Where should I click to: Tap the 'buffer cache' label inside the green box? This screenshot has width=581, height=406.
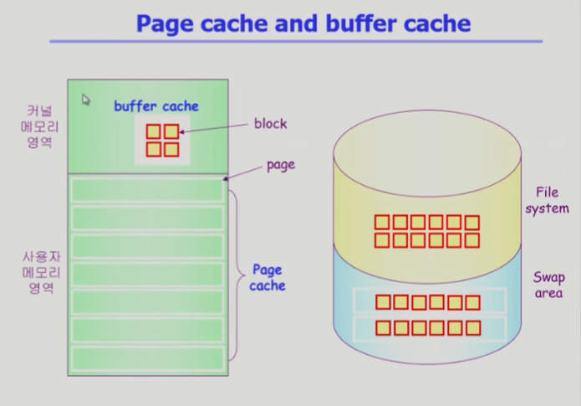(156, 106)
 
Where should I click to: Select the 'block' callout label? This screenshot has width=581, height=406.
(270, 124)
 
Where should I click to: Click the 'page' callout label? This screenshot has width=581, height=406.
(281, 165)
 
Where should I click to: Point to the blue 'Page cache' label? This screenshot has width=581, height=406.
(268, 278)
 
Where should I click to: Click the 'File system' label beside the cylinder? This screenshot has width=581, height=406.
(547, 201)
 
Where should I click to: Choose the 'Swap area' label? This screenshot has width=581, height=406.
(548, 285)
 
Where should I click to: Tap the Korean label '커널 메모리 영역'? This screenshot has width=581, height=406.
(39, 126)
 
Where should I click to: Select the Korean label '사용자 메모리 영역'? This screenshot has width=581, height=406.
(41, 272)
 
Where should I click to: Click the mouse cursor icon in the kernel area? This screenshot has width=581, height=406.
(86, 100)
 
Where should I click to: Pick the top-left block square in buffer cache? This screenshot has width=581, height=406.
(154, 131)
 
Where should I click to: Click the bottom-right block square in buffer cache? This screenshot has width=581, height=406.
(171, 150)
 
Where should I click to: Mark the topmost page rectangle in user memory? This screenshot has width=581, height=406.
(147, 190)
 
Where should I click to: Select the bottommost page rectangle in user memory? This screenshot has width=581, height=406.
(147, 359)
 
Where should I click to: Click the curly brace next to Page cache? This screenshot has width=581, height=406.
(239, 275)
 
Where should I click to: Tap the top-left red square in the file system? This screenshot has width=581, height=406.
(382, 223)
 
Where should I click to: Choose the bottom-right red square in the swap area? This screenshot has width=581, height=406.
(473, 328)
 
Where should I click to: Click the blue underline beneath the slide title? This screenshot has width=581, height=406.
(296, 42)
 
